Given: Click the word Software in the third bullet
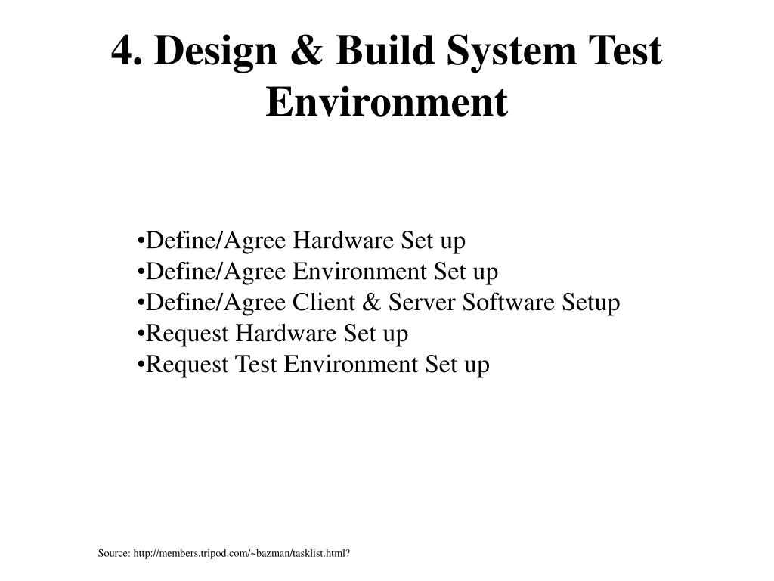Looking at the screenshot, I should (508, 303).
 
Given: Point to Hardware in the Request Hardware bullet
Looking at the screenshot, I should (285, 334).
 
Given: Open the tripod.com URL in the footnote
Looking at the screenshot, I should (241, 553).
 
